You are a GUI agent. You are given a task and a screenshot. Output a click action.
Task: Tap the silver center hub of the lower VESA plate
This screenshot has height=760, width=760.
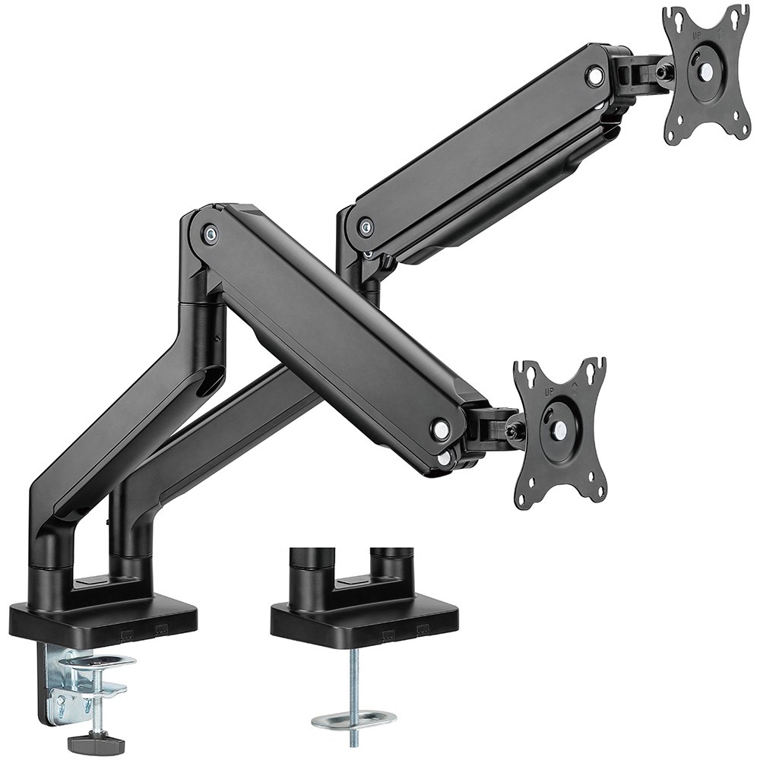pyautogui.click(x=560, y=430)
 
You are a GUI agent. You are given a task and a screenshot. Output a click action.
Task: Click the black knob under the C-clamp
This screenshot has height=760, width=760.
pyautogui.click(x=95, y=741)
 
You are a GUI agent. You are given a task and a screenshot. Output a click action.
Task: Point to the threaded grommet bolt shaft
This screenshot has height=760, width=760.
pyautogui.click(x=353, y=680)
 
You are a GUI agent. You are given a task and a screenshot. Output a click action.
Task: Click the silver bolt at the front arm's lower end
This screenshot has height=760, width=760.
pyautogui.click(x=440, y=429)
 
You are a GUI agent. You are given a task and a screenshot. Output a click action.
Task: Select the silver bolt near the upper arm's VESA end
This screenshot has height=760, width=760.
pyautogui.click(x=595, y=75)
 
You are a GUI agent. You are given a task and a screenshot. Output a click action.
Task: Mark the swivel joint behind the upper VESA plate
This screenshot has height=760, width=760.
pyautogui.click(x=642, y=72)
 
